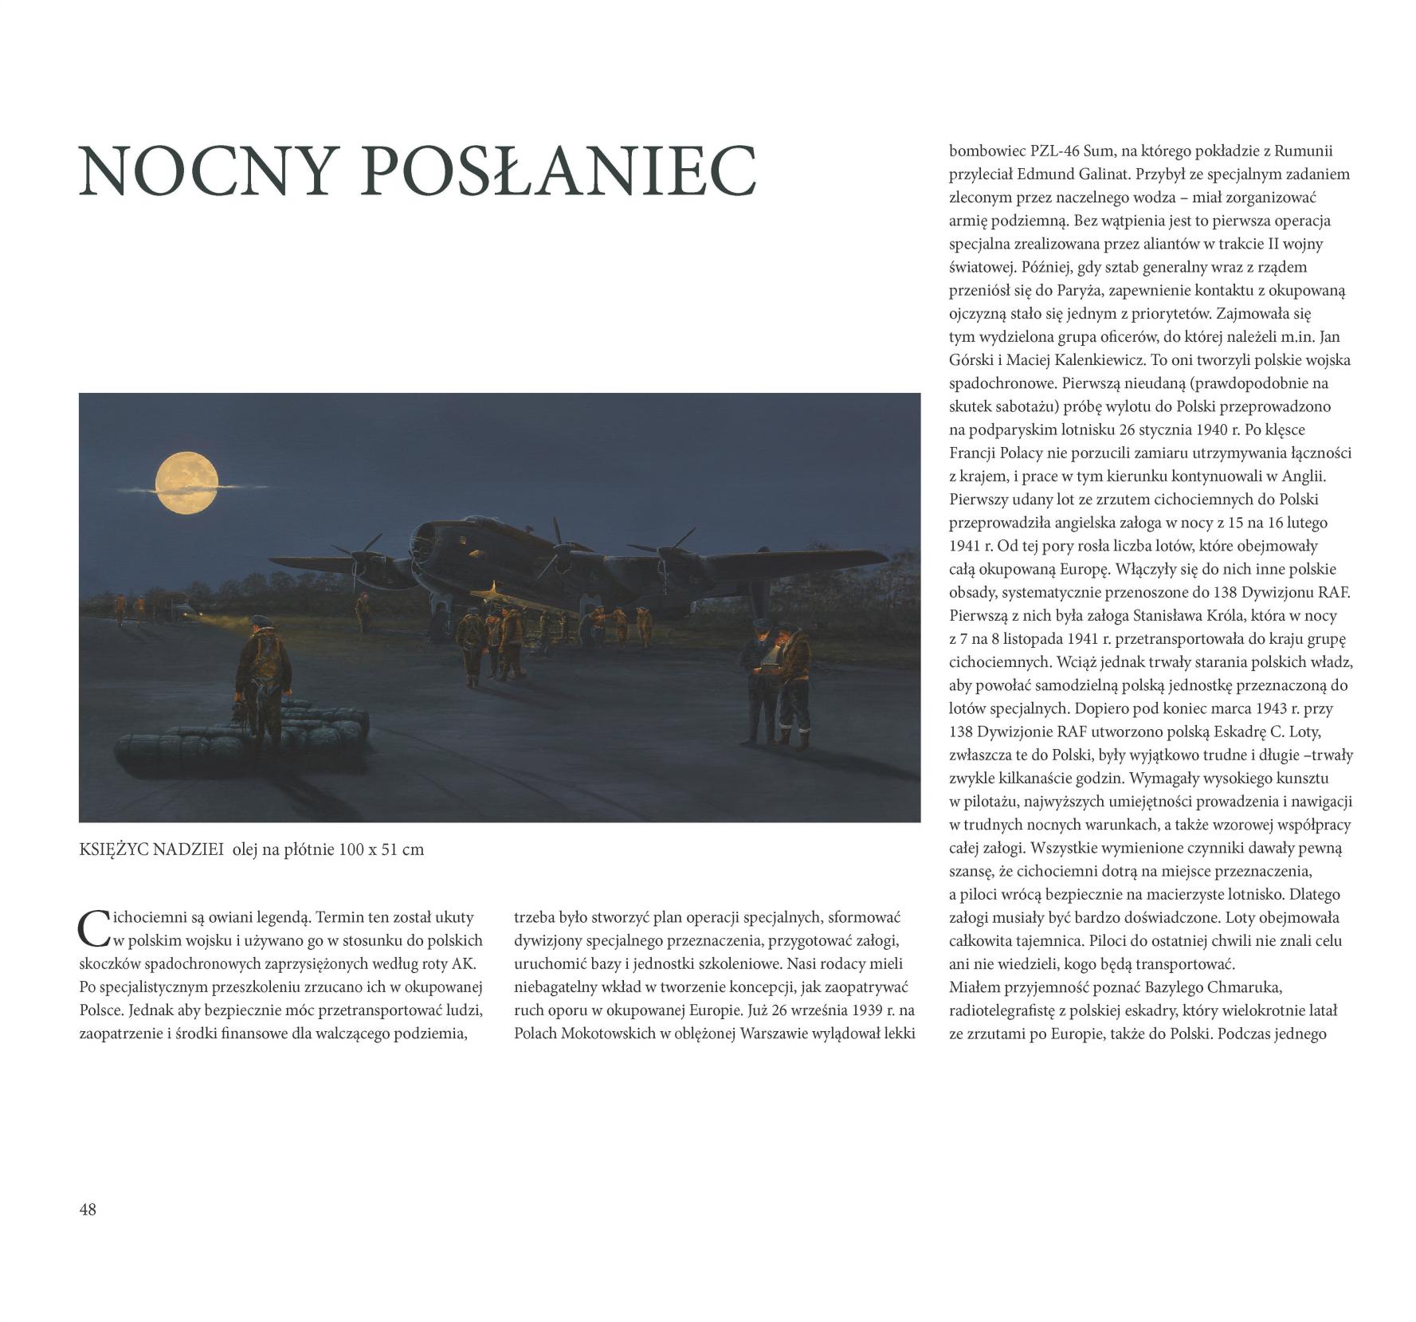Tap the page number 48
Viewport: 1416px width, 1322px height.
tap(88, 1210)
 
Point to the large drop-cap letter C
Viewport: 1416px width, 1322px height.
tap(92, 926)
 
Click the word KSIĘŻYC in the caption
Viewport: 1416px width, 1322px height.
tap(112, 849)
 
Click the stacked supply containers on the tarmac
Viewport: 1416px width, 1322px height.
tap(239, 737)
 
